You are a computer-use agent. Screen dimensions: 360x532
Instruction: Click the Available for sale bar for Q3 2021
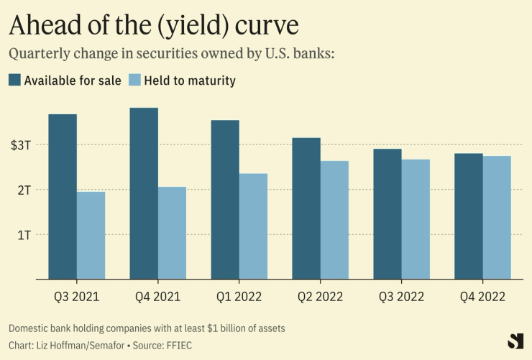63,196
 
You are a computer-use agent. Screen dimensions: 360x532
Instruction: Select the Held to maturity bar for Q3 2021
91,235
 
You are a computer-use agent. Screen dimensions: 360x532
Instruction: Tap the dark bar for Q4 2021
144,193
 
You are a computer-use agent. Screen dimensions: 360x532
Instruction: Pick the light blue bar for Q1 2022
253,226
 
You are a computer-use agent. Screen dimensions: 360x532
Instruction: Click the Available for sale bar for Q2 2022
306,208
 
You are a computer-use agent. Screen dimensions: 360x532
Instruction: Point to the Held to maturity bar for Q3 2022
416,219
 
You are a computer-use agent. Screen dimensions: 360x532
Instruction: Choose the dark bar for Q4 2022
469,216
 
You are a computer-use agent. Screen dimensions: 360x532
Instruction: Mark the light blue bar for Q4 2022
497,217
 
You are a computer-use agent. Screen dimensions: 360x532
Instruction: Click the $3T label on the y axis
21,145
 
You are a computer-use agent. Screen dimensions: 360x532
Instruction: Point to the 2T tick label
24,190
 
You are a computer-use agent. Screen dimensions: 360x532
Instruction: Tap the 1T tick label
24,235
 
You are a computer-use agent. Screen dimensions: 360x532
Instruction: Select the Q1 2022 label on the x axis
239,297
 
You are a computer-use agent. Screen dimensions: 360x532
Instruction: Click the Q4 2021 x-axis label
157,297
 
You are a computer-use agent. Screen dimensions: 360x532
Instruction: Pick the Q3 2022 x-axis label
401,297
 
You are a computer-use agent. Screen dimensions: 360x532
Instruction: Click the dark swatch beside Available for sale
14,80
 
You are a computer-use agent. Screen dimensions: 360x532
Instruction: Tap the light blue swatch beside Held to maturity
134,80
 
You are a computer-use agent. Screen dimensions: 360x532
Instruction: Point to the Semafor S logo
515,341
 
